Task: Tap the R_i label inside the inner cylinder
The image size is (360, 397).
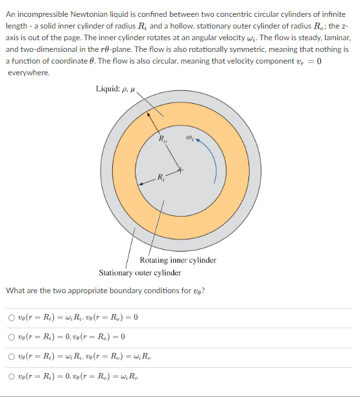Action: tap(160, 177)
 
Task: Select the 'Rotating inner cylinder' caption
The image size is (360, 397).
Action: tap(178, 260)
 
